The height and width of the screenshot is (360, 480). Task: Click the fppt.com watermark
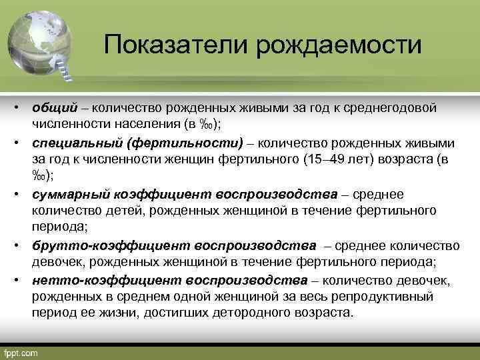point(21,352)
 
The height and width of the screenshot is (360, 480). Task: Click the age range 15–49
point(326,159)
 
